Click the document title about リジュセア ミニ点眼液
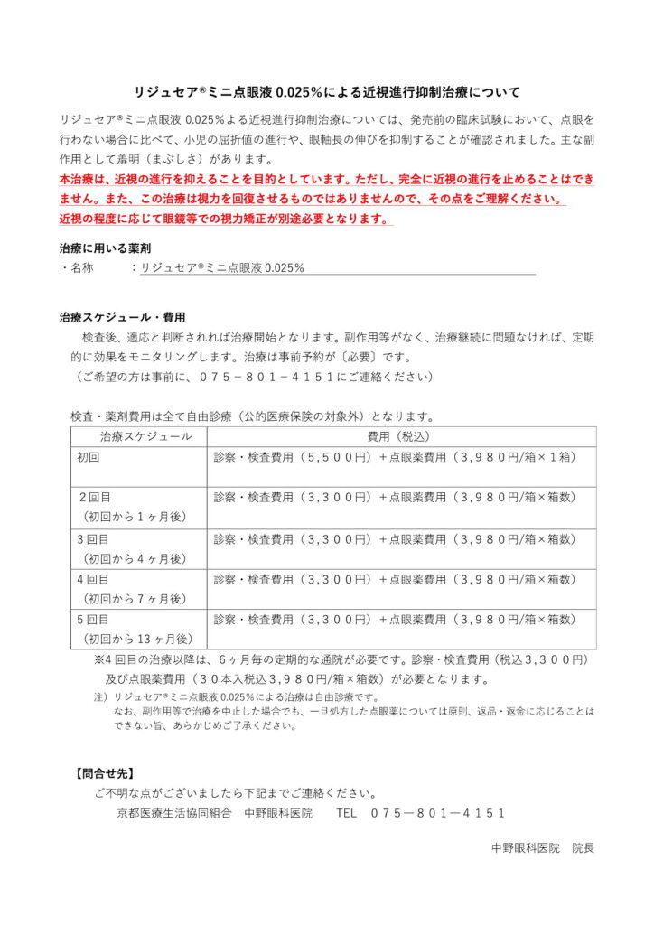[x=326, y=92]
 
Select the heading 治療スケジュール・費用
[x=122, y=318]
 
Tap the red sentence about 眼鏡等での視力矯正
[x=225, y=220]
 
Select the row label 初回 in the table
[x=88, y=457]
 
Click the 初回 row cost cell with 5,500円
[x=394, y=457]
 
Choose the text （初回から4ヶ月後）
[x=133, y=558]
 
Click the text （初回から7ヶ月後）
[x=133, y=599]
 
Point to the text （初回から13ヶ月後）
[x=136, y=640]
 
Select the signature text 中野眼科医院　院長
[x=542, y=848]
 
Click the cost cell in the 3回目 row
[x=394, y=539]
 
